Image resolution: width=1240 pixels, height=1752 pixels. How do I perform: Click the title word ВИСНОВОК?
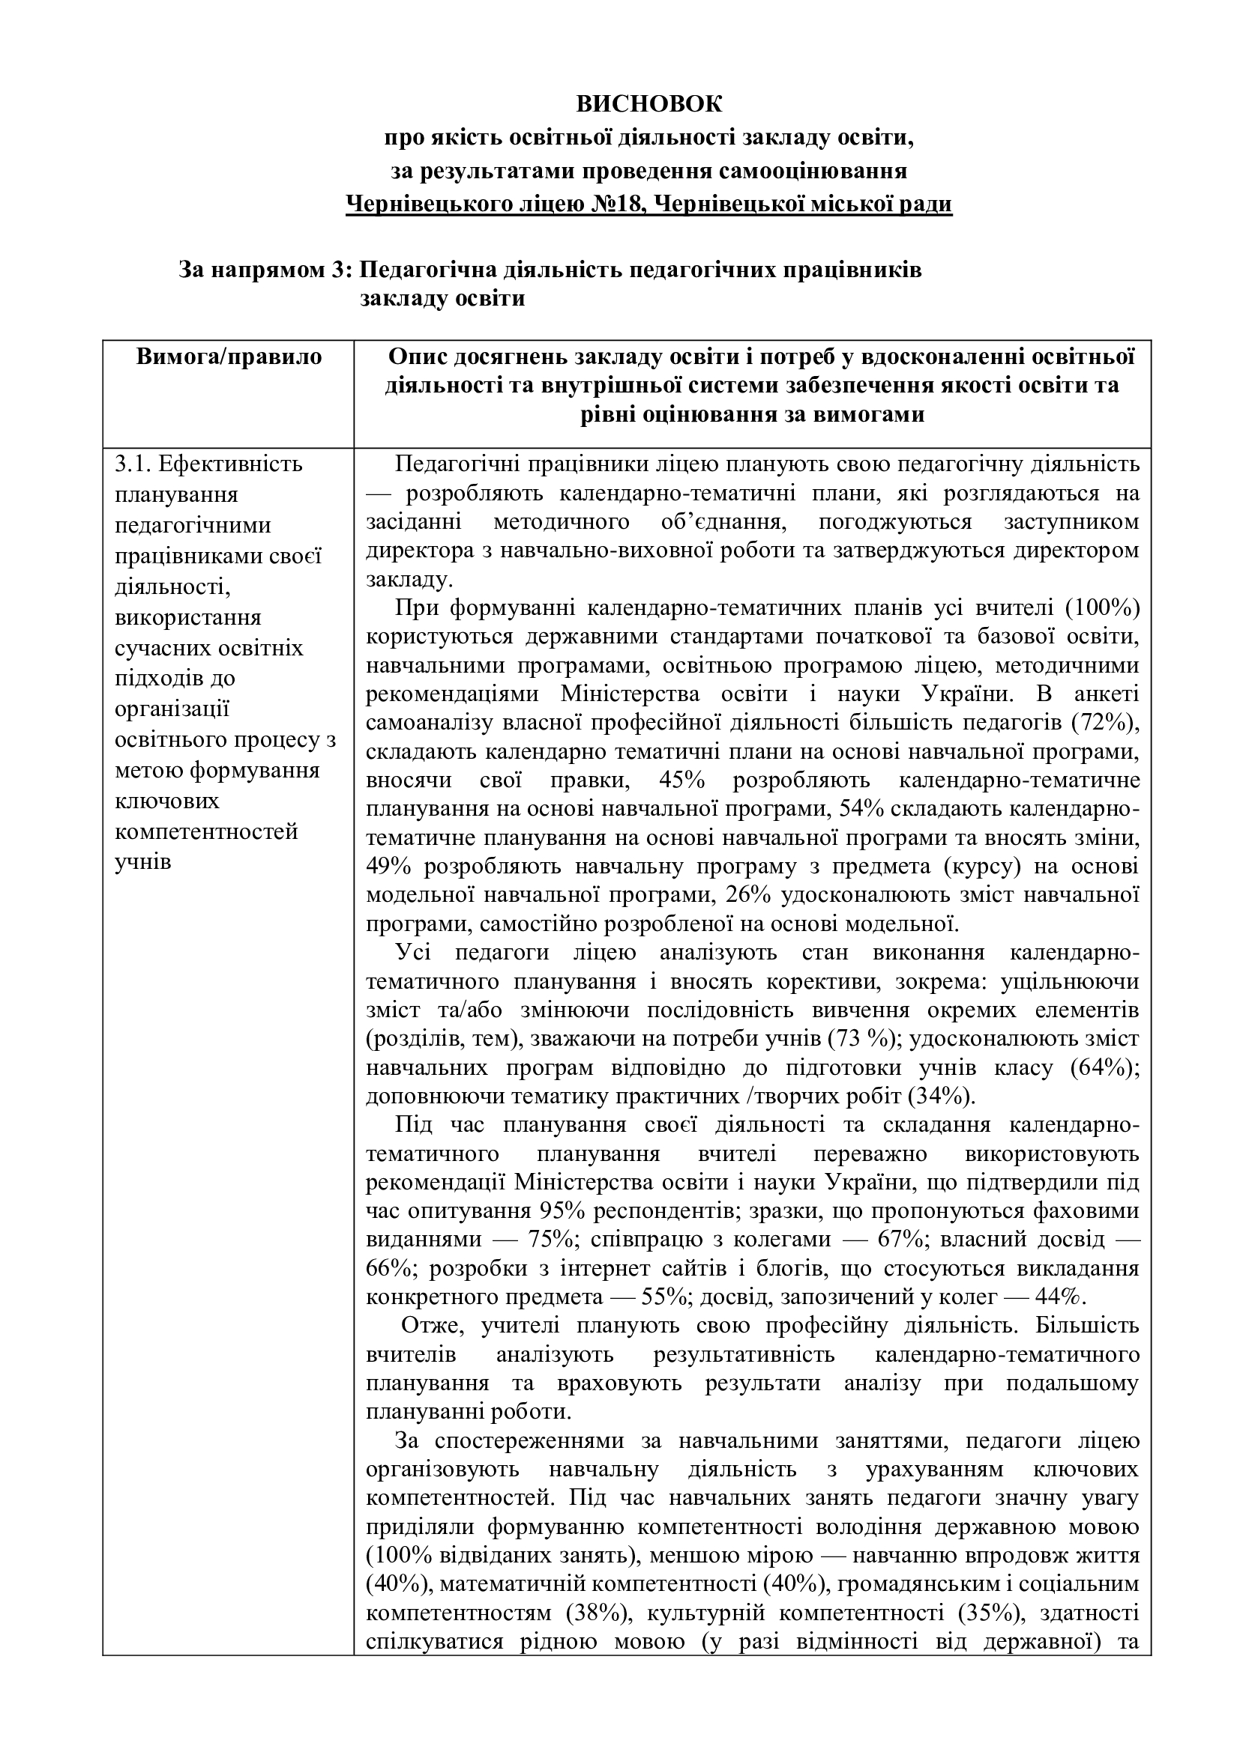click(x=648, y=103)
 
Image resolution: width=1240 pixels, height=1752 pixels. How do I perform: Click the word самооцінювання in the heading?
click(x=814, y=170)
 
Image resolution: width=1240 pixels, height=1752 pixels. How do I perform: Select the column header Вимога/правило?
click(x=229, y=357)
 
